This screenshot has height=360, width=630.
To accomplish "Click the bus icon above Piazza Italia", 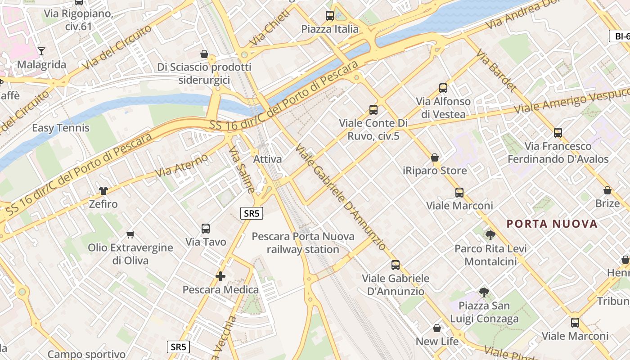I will pos(330,16).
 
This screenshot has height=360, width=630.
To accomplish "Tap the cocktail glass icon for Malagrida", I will pos(41,51).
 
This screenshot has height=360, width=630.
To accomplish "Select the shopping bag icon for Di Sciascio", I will pos(204,54).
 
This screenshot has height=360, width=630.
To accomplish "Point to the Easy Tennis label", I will pos(61,128).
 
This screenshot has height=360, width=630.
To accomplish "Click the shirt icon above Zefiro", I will pos(103,190).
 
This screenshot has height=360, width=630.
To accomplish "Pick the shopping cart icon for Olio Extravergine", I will pos(130,234).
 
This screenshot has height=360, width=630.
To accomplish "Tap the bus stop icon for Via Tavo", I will pos(206,228).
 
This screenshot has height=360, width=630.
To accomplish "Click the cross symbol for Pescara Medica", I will pos(220,276).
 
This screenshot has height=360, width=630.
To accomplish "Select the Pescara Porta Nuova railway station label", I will pos(303,243).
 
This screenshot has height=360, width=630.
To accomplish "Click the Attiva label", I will pos(268,159).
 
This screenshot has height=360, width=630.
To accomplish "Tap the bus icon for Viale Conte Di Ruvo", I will pos(373,109).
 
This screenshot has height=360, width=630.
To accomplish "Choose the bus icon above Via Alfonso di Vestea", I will pos(443,88).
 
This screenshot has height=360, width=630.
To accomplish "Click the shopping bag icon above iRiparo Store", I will pos(435,157).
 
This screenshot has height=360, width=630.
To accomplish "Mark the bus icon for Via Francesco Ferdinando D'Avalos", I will pos(558,133).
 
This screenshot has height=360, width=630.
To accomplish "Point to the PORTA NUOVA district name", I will pos(552,224).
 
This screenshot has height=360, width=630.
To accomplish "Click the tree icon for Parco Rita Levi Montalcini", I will pos(490,235).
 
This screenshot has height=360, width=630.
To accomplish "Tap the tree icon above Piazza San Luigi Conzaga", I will pos(484,292).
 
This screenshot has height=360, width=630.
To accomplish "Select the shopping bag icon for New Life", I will pos(437,328).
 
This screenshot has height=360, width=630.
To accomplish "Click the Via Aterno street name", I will pos(182,165).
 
